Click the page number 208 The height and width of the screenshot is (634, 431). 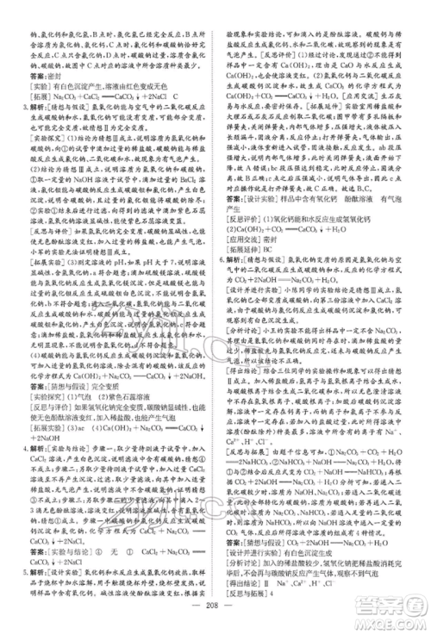pos(215,609)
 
